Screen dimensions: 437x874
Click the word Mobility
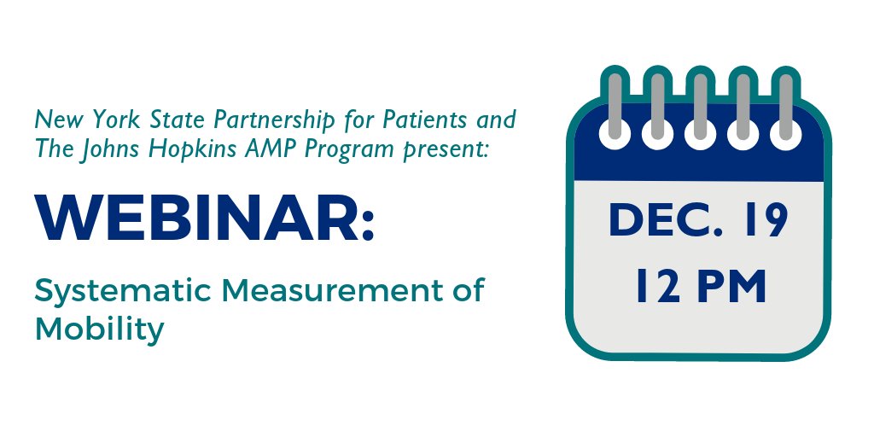coord(99,329)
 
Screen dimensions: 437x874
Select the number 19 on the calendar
coord(760,223)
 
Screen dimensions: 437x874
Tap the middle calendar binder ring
coord(698,107)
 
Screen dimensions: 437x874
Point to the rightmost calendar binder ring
coord(784,107)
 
